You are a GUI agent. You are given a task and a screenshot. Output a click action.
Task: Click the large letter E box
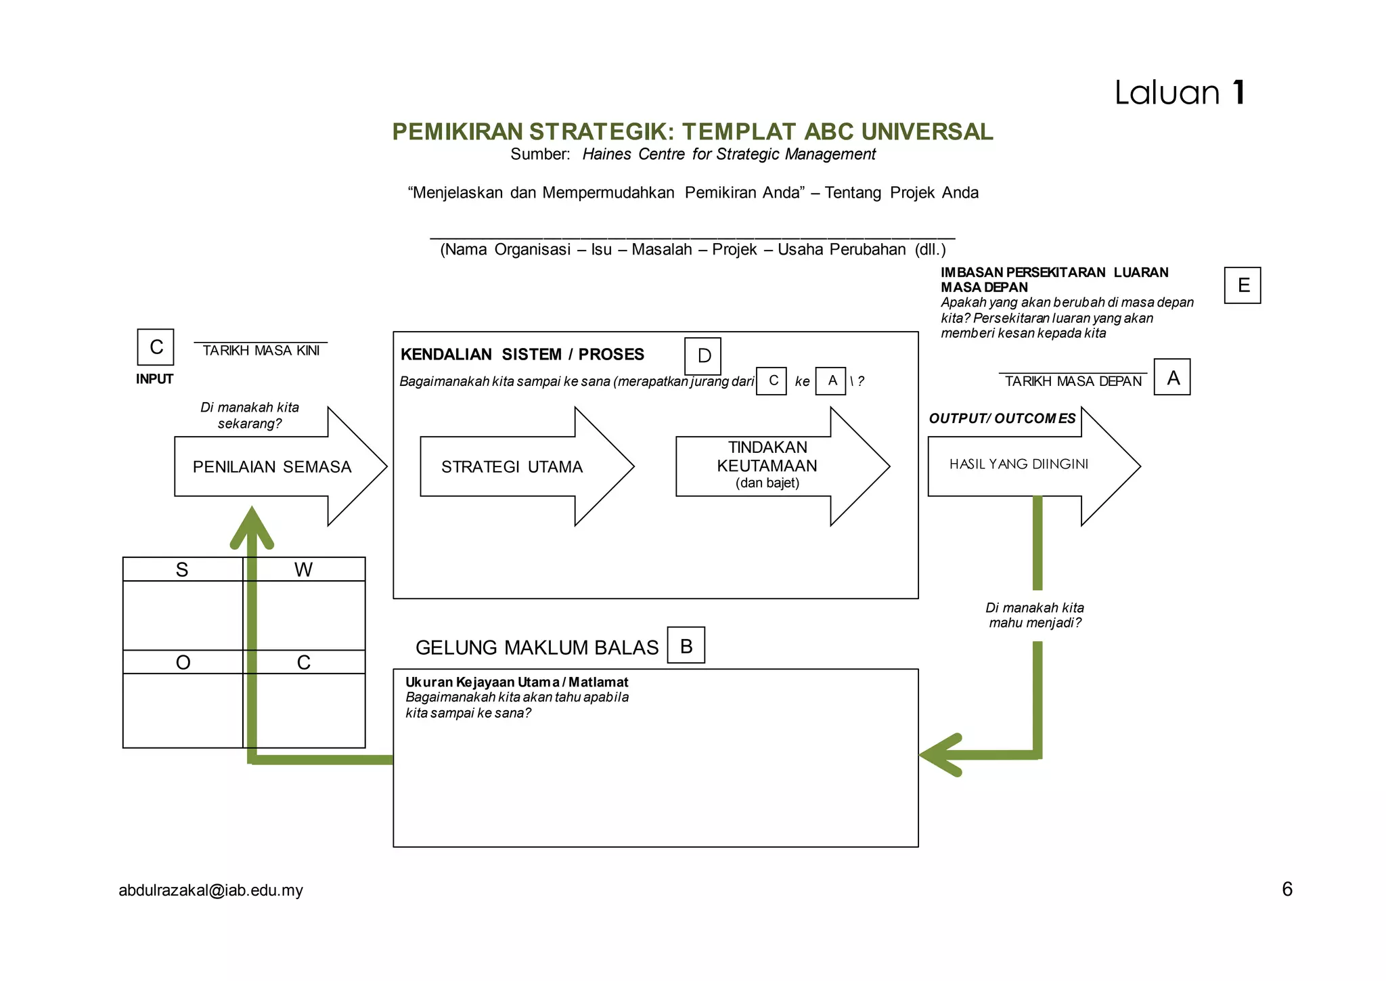1242,285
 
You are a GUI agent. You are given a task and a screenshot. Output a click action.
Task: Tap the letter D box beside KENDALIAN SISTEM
702,356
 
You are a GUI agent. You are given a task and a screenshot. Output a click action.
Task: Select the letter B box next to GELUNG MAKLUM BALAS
686,645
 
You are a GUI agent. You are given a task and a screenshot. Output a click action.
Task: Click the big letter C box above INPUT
156,347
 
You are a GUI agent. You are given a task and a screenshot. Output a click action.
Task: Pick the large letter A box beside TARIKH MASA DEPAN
1172,377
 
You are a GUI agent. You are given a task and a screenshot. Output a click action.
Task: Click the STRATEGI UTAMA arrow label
512,466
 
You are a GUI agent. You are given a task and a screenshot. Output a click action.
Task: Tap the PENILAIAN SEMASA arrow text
271,466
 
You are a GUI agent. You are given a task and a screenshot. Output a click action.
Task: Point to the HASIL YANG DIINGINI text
1019,464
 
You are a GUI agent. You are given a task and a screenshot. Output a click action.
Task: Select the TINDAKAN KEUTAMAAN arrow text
767,457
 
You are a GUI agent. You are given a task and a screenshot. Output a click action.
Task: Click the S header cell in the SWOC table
182,569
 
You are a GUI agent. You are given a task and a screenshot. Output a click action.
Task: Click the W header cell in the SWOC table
303,569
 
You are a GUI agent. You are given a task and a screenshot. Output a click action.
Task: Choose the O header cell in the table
183,662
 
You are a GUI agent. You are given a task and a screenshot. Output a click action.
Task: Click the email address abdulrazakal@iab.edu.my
210,890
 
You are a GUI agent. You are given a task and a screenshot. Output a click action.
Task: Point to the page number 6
1287,889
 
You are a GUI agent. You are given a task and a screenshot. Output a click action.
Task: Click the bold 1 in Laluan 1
1238,93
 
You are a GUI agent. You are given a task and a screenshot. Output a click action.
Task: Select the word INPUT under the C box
154,379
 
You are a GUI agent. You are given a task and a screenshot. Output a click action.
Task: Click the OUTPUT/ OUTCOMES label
1002,418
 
